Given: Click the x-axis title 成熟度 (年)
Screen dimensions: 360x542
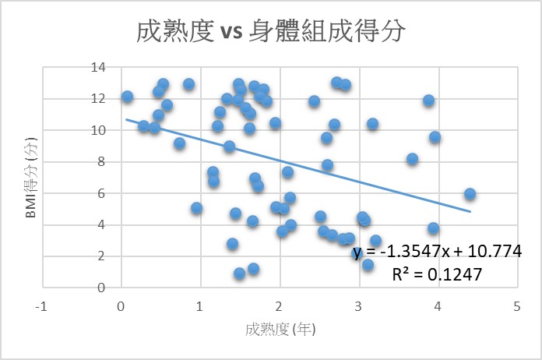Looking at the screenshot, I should point(279,329).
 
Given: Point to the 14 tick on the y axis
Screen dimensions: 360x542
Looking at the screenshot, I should point(98,67).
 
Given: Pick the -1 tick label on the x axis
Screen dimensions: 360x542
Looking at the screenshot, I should point(40,305).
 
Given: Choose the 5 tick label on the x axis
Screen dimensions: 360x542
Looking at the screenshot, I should point(517,305).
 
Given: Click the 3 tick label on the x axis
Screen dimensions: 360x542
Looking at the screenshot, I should point(358,305).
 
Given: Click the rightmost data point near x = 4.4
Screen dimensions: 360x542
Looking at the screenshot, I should point(470,194).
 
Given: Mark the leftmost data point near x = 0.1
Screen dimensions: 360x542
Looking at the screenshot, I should point(127,97).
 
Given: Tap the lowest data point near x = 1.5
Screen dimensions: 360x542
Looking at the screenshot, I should point(239,274).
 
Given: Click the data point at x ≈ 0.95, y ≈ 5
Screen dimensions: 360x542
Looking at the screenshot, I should point(196,208).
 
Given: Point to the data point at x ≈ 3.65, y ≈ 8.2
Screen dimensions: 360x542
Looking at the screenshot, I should point(412,159).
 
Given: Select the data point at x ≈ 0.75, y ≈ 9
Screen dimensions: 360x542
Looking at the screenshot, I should point(180,143).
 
